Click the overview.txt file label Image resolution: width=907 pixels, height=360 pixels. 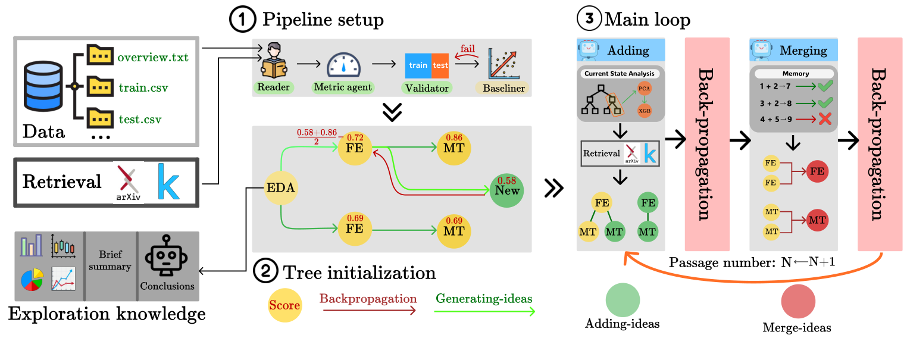pyautogui.click(x=153, y=58)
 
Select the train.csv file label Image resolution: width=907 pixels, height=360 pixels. pyautogui.click(x=142, y=87)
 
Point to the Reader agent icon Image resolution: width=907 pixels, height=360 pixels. pyautogui.click(x=273, y=62)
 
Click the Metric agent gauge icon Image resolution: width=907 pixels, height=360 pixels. pyautogui.click(x=342, y=65)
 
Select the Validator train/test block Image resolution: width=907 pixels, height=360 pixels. pyautogui.click(x=427, y=65)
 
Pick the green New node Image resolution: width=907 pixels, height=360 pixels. pyautogui.click(x=506, y=190)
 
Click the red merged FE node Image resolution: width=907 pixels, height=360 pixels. pyautogui.click(x=817, y=171)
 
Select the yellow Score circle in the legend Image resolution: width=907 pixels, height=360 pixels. pyautogui.click(x=284, y=306)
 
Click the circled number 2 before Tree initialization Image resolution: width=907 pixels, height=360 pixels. pyautogui.click(x=264, y=273)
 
